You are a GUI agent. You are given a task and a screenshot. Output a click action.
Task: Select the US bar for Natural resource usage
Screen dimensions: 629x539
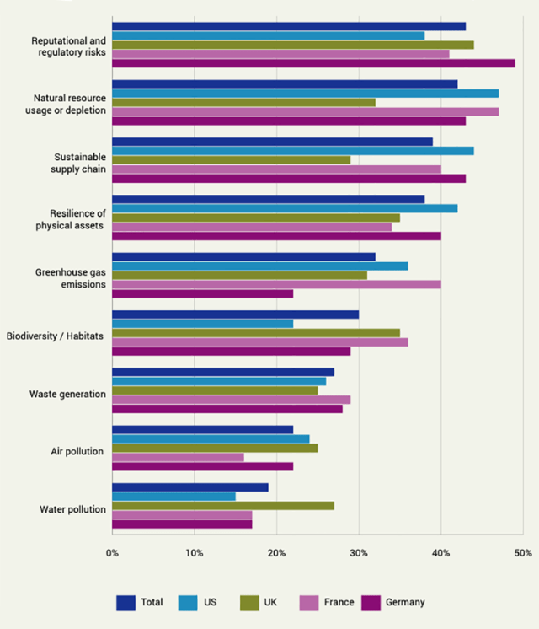pyautogui.click(x=305, y=94)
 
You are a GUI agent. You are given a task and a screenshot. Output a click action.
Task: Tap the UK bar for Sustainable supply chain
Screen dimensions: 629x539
pyautogui.click(x=231, y=160)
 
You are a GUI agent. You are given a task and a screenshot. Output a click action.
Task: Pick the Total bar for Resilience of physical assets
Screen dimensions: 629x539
pyautogui.click(x=268, y=199)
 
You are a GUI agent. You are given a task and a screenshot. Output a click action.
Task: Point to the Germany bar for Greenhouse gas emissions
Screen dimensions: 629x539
pyautogui.click(x=202, y=293)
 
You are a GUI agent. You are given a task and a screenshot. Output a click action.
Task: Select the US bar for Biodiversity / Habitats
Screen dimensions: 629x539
pyautogui.click(x=202, y=324)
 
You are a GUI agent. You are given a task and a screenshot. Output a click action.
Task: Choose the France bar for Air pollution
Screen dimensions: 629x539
pyautogui.click(x=178, y=457)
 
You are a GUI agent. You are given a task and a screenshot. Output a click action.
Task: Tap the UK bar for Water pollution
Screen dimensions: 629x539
pyautogui.click(x=223, y=506)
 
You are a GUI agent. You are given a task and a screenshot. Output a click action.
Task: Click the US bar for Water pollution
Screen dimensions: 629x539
pyautogui.click(x=173, y=497)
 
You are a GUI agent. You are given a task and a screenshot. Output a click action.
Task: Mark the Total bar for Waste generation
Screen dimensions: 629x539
pyautogui.click(x=223, y=372)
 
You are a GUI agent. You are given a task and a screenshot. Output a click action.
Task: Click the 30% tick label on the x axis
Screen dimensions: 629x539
pyautogui.click(x=359, y=554)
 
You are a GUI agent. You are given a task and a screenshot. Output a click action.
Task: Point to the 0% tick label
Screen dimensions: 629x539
pyautogui.click(x=112, y=554)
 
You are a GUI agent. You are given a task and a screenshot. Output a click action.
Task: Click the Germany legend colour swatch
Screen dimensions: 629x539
pyautogui.click(x=371, y=602)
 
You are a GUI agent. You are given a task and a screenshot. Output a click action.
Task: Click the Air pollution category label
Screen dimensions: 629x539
pyautogui.click(x=77, y=452)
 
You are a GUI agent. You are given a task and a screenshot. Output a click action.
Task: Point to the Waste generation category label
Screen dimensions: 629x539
pyautogui.click(x=67, y=395)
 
